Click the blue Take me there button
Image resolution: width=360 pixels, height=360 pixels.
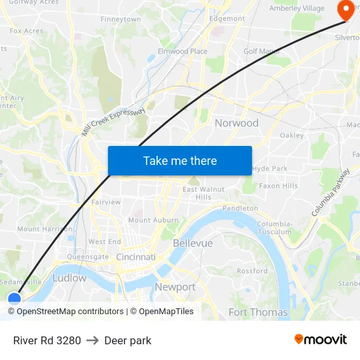click(180, 160)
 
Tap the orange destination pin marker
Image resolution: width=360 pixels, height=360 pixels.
click(344, 10)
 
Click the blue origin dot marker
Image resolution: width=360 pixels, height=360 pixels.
click(14, 300)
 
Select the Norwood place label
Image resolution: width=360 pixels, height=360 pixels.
click(236, 123)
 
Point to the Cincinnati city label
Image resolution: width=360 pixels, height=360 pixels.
click(135, 257)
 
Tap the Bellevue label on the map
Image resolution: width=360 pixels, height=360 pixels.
click(192, 243)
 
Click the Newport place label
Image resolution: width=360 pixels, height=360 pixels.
click(175, 287)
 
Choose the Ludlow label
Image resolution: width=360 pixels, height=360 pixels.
click(69, 278)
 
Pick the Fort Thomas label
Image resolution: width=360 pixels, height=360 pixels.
click(258, 312)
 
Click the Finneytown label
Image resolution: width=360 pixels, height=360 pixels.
click(120, 20)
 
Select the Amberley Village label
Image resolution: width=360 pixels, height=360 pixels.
click(297, 8)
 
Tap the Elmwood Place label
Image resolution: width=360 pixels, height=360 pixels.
click(183, 51)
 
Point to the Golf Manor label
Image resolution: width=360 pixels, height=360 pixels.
click(261, 51)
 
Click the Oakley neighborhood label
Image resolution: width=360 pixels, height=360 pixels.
click(291, 135)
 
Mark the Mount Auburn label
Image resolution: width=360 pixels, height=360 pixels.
click(153, 220)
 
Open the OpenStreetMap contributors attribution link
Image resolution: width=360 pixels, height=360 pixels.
click(70, 312)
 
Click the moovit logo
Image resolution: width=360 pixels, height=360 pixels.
click(320, 339)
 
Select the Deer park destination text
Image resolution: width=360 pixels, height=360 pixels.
click(128, 340)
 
